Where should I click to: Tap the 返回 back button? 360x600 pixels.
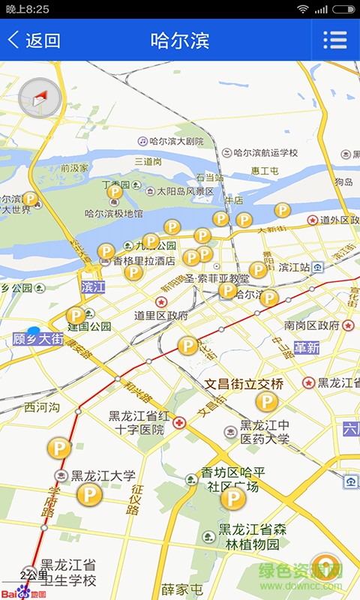click(34, 40)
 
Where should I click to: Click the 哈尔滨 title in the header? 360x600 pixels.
click(180, 40)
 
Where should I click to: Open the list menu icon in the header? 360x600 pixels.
click(334, 40)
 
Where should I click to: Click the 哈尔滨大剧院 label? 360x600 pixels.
click(176, 141)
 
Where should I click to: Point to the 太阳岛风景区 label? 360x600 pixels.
click(185, 191)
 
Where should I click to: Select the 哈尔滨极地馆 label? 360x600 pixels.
click(113, 214)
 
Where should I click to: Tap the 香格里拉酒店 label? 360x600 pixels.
click(144, 261)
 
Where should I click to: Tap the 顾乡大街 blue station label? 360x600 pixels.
click(37, 339)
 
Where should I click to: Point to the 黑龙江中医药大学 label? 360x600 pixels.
click(264, 432)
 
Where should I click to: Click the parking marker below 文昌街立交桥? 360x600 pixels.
click(266, 402)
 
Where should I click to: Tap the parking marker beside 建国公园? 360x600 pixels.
click(76, 316)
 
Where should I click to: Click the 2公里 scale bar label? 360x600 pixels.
click(34, 575)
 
